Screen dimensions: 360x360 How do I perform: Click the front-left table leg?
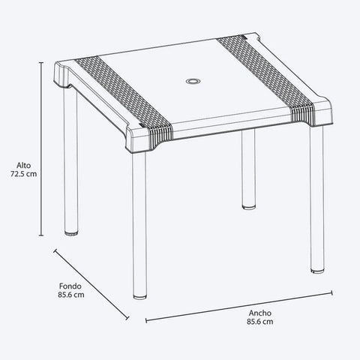point(140,225)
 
